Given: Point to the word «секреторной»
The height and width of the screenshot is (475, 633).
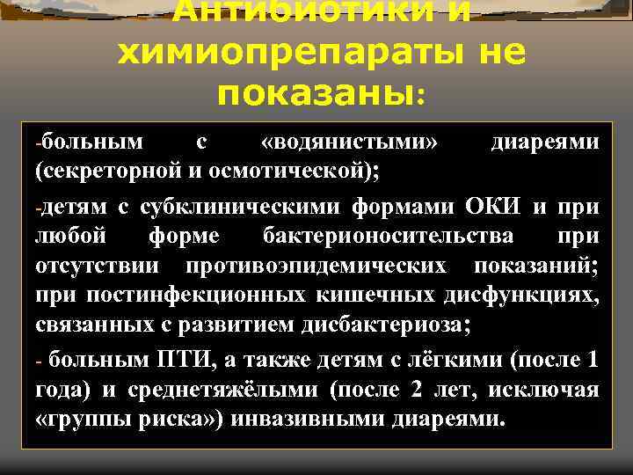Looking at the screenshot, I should pyautogui.click(x=98, y=169).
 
